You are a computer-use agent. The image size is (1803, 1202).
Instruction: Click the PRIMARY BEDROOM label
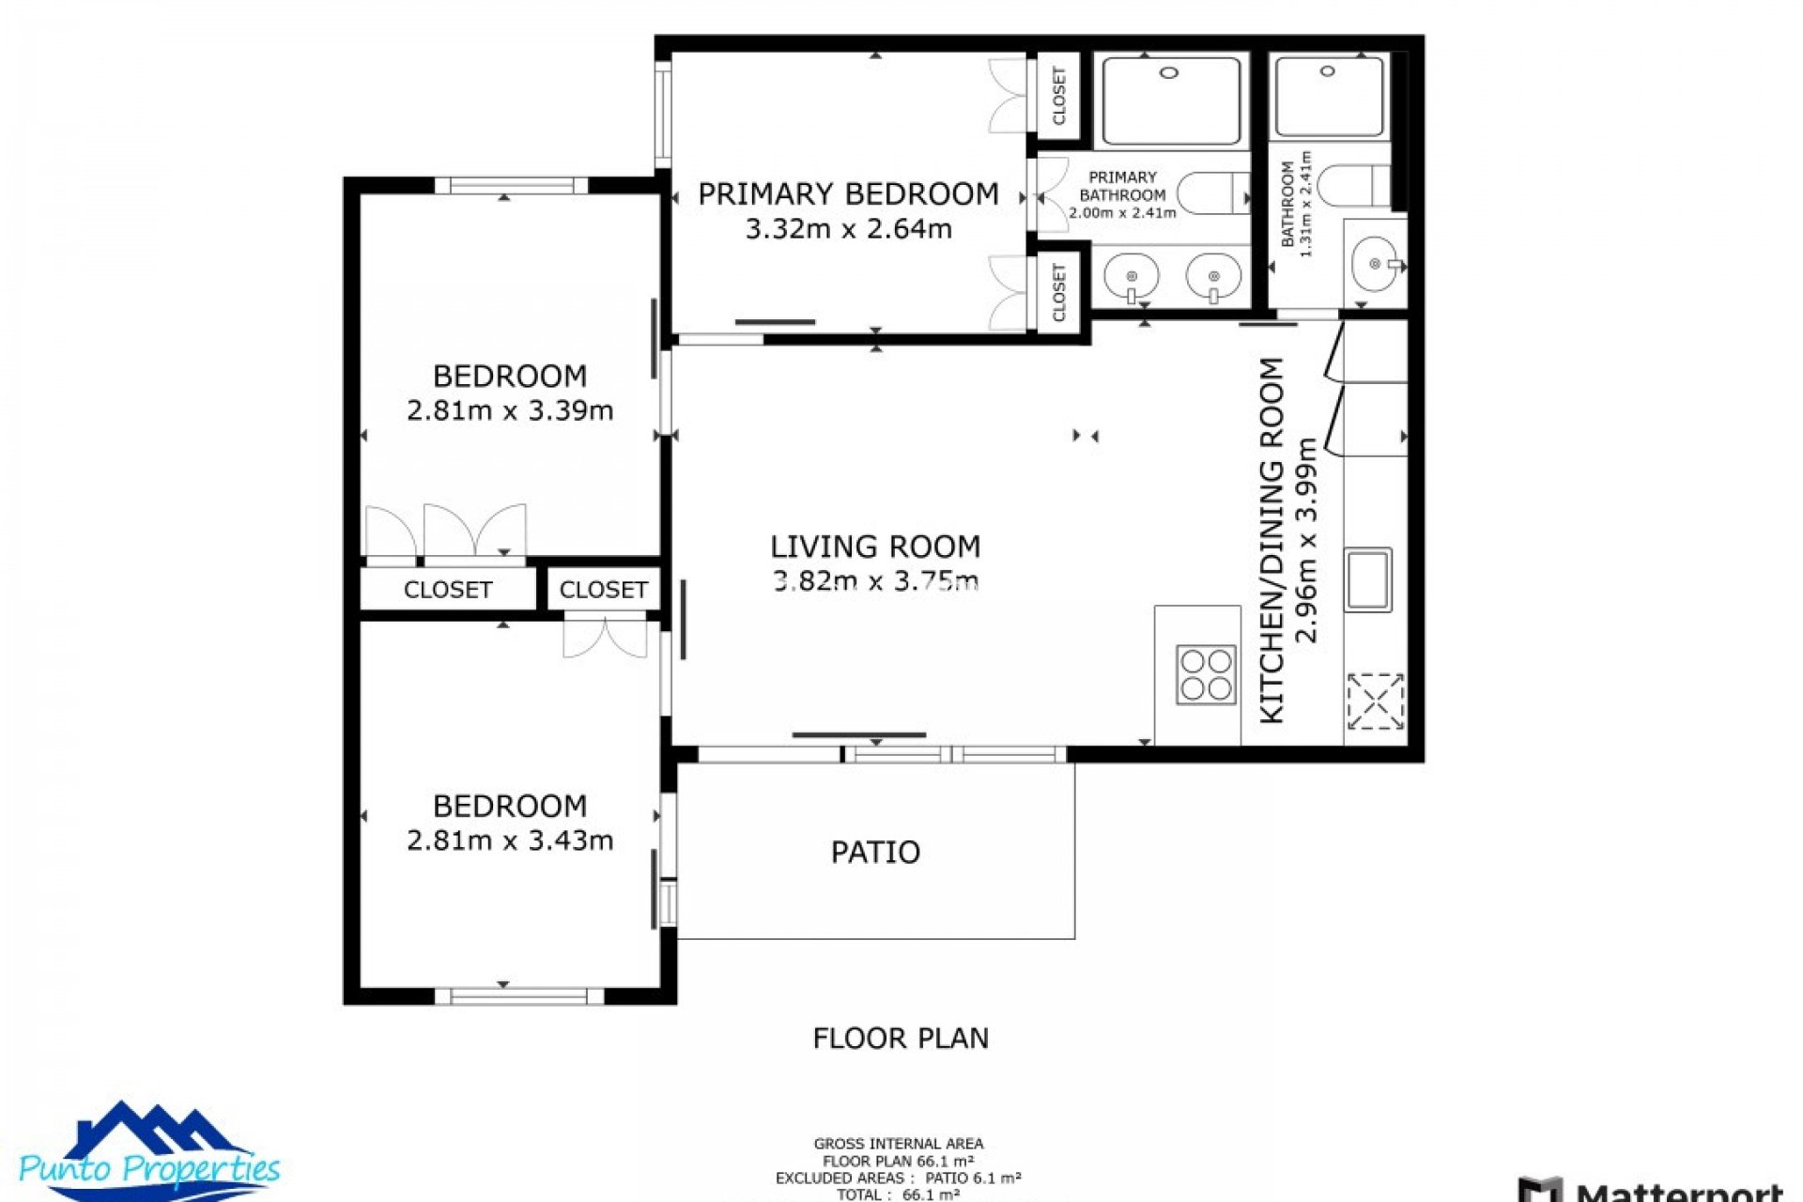click(847, 194)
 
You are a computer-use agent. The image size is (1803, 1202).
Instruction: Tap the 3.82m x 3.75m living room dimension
click(875, 581)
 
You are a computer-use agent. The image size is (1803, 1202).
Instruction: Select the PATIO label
click(875, 852)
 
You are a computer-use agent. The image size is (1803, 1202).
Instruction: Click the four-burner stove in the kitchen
click(1207, 675)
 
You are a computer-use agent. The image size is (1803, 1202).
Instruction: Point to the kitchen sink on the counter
click(1367, 579)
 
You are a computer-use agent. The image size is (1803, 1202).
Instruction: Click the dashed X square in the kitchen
click(1375, 701)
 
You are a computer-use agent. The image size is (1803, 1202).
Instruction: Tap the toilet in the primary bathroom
click(1210, 193)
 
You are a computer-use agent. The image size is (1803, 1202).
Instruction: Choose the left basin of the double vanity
click(1131, 277)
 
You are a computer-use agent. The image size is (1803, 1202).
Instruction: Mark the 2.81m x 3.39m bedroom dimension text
click(510, 410)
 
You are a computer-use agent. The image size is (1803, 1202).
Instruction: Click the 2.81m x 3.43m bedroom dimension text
click(510, 840)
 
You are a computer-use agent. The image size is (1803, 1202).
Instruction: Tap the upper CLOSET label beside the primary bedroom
click(1059, 95)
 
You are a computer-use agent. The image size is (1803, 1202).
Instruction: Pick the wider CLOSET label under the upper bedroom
click(448, 590)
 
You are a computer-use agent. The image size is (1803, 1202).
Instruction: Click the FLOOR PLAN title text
click(901, 1038)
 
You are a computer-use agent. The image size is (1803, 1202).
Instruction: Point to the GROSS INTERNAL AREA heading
click(899, 1144)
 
